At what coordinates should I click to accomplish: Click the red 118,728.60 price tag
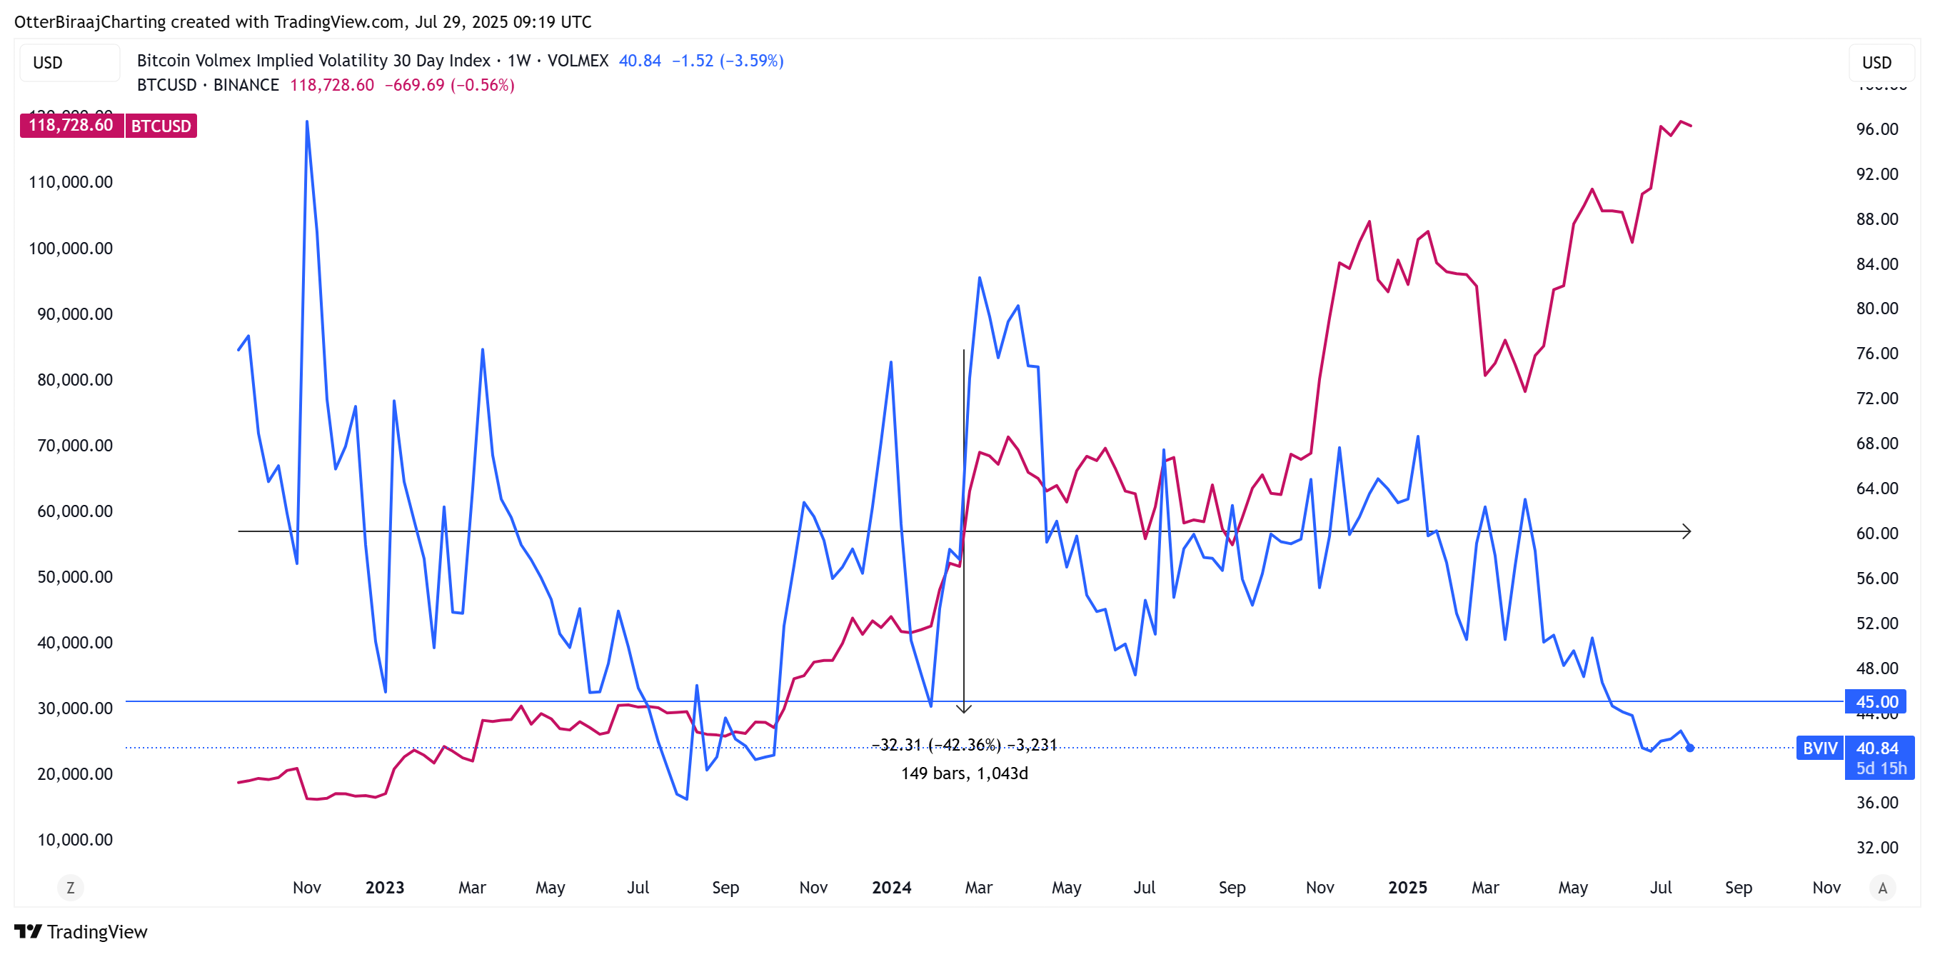[x=71, y=126]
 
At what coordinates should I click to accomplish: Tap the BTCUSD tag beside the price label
[x=161, y=126]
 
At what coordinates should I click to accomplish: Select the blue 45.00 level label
[x=1876, y=701]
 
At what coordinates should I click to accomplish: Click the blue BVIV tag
[x=1819, y=748]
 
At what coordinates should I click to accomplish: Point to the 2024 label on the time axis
[x=891, y=888]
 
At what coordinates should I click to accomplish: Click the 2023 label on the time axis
[x=385, y=888]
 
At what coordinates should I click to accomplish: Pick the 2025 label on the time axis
[x=1407, y=888]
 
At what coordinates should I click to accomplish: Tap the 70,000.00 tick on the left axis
[x=75, y=446]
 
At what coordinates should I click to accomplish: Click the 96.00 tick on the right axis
[x=1876, y=129]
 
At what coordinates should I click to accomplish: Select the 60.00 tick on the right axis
[x=1876, y=533]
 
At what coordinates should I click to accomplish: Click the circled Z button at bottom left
[x=71, y=888]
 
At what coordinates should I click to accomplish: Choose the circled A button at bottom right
[x=1881, y=888]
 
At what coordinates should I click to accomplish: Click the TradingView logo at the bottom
[x=81, y=931]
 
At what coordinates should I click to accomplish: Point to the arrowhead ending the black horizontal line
[x=1686, y=532]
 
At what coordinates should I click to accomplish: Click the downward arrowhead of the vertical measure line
[x=964, y=708]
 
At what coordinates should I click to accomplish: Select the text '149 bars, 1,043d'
[x=965, y=773]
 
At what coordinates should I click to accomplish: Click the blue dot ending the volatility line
[x=1689, y=748]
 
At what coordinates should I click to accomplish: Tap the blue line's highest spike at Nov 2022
[x=306, y=122]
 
